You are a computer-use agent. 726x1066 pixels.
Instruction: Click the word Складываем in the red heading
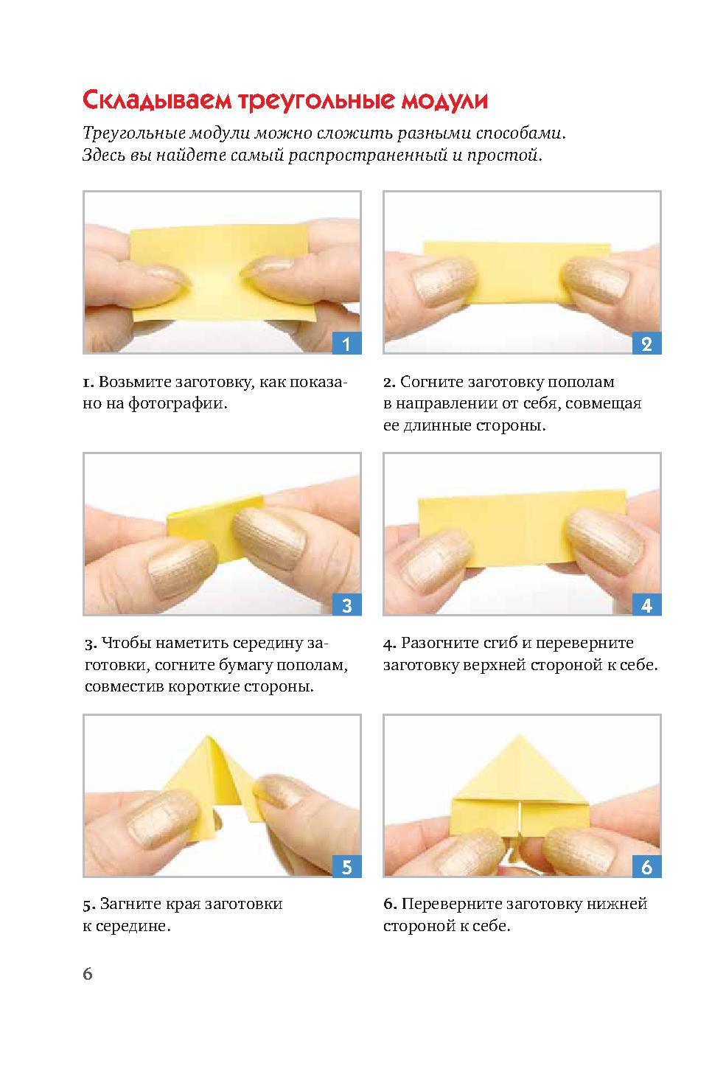pyautogui.click(x=158, y=101)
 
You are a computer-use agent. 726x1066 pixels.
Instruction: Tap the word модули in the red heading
pyautogui.click(x=444, y=101)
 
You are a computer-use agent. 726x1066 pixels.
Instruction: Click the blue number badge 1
pyautogui.click(x=346, y=343)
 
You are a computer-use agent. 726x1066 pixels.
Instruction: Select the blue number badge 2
pyautogui.click(x=646, y=343)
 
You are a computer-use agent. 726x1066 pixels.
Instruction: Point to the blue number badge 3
pyautogui.click(x=346, y=605)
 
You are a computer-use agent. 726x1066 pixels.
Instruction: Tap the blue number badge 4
pyautogui.click(x=646, y=605)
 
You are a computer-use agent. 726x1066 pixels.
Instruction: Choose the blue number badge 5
pyautogui.click(x=346, y=866)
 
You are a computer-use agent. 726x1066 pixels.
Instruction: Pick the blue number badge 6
pyautogui.click(x=646, y=866)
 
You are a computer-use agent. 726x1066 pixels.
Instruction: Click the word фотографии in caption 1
pyautogui.click(x=175, y=404)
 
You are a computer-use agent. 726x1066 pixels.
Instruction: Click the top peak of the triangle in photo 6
pyautogui.click(x=519, y=735)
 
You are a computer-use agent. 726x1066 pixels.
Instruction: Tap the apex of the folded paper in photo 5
pyautogui.click(x=207, y=736)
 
